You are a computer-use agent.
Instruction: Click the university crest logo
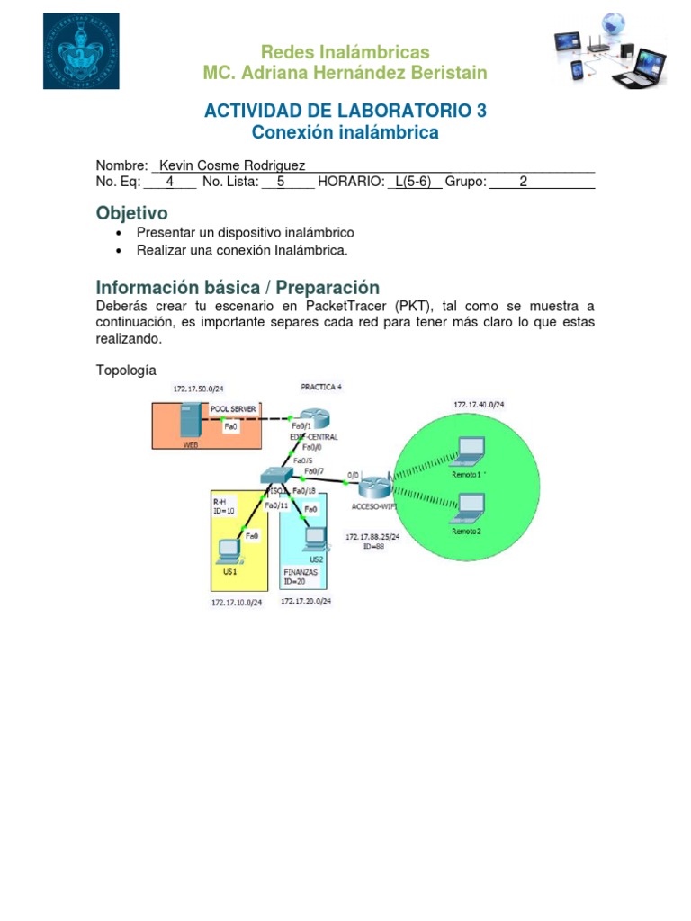81,51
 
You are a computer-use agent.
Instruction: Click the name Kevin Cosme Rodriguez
232,165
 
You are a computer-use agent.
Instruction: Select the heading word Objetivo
131,213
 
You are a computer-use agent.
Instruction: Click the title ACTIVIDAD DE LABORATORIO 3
345,111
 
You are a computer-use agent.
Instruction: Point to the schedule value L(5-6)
414,183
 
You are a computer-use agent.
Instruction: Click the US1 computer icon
229,549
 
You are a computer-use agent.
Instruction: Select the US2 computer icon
313,538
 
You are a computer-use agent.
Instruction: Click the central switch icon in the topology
275,478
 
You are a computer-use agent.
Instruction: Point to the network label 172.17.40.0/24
479,406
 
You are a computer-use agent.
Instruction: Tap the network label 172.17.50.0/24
199,389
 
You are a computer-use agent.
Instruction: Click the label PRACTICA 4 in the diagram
321,387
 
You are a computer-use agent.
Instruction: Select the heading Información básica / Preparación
238,288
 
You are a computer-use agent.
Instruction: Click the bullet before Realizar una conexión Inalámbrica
120,250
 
